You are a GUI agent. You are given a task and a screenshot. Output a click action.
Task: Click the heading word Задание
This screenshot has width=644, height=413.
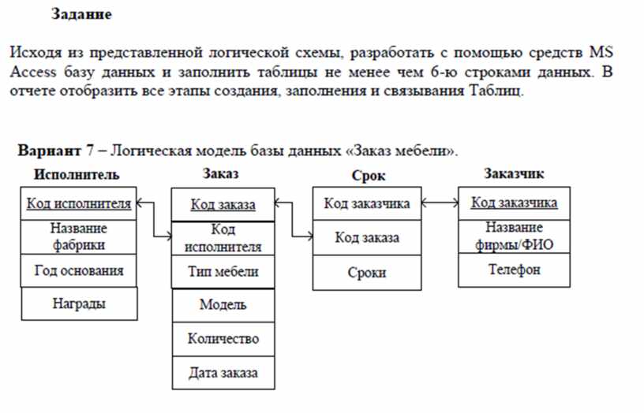(81, 14)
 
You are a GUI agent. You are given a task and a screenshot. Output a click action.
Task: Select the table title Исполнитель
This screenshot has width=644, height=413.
(77, 175)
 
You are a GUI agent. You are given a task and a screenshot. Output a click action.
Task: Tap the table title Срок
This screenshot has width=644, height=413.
(369, 176)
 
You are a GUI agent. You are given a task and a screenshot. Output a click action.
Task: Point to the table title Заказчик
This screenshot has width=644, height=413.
(514, 174)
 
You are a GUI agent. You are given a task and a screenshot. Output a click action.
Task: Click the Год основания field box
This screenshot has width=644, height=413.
(78, 270)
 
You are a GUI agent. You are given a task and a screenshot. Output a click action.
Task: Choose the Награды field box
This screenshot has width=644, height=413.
(79, 304)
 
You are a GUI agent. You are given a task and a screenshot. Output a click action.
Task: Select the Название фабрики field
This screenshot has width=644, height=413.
(78, 237)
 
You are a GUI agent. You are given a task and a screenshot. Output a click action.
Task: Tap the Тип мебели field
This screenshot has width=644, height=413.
(223, 272)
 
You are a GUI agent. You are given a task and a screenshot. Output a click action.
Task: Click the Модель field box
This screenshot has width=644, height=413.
(223, 306)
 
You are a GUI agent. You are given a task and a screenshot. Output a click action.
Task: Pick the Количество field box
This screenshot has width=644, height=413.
(223, 339)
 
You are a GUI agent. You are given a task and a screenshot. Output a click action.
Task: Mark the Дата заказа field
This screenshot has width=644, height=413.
(223, 373)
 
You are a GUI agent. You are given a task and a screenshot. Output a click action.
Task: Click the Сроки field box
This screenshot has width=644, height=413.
(367, 273)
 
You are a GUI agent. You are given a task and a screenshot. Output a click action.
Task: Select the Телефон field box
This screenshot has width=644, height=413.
(515, 270)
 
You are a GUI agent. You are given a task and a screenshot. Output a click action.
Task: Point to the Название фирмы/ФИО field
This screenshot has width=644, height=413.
(515, 236)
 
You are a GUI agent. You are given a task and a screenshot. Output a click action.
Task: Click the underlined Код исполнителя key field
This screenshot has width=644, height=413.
(78, 203)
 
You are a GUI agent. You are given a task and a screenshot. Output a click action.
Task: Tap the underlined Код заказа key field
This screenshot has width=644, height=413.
(223, 205)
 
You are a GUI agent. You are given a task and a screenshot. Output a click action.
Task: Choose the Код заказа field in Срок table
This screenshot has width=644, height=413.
(367, 238)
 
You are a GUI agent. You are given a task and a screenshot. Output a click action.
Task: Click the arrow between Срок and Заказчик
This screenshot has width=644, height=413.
(440, 203)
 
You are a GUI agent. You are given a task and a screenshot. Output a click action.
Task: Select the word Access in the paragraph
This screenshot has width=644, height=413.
(33, 73)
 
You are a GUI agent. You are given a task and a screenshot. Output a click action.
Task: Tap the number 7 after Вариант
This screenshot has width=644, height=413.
(89, 151)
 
